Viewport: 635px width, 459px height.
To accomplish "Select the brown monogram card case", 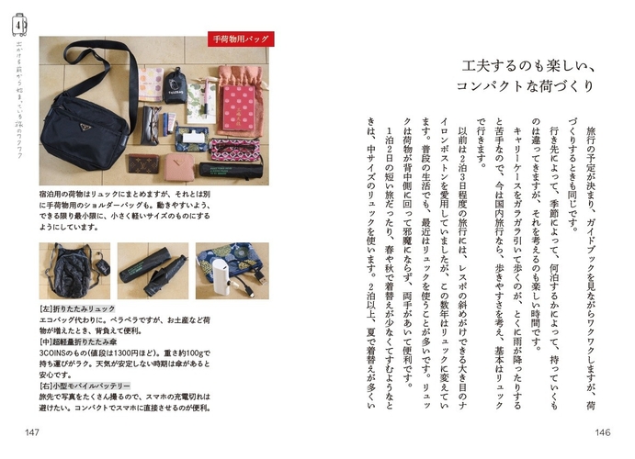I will click(x=143, y=163).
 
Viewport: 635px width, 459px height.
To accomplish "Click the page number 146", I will click(x=601, y=432).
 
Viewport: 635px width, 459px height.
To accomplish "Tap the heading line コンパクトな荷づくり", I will click(x=526, y=86).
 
